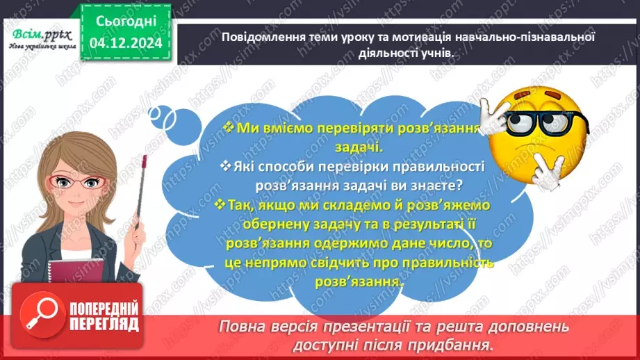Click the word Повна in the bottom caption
coord(243,326)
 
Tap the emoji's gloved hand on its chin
coord(548,171)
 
